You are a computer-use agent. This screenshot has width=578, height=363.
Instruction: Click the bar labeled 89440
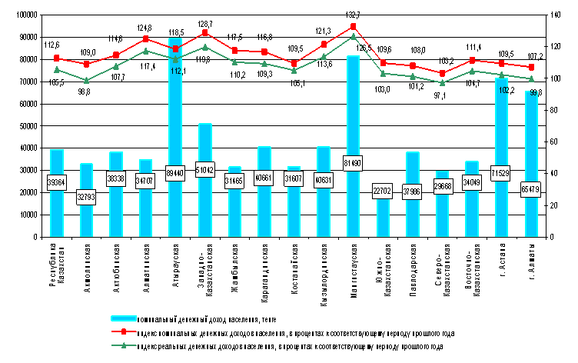click(175, 115)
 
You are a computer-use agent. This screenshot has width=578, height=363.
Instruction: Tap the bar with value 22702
click(383, 219)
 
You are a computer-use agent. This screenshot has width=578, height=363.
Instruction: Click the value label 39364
click(56, 182)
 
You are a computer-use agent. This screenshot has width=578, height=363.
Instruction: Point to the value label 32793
click(86, 197)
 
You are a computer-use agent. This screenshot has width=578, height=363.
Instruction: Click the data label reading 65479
click(531, 190)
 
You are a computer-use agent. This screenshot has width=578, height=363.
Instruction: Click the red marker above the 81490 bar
click(353, 26)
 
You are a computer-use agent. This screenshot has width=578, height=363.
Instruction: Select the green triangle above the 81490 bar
click(353, 35)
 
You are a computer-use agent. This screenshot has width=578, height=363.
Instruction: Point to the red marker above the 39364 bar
click(56, 58)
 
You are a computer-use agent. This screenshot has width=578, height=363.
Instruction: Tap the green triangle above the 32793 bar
click(86, 80)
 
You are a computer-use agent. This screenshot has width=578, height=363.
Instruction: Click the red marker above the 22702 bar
click(383, 63)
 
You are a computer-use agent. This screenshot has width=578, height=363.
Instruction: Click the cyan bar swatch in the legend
click(123, 318)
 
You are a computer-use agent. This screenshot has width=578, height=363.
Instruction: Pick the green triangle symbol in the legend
click(123, 346)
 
